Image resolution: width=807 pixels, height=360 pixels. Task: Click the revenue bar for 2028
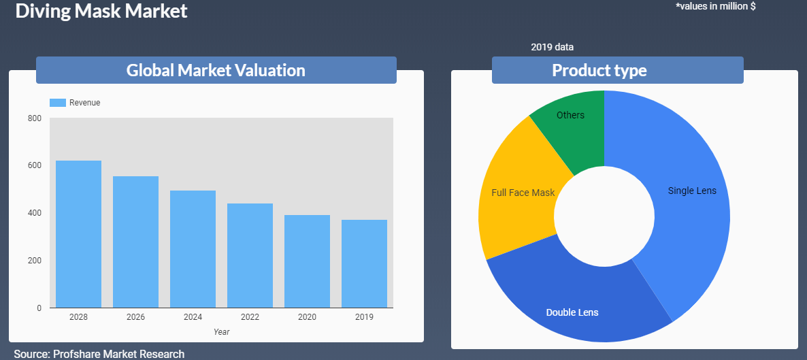[78, 234]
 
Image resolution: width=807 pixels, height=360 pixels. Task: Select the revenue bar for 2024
[193, 249]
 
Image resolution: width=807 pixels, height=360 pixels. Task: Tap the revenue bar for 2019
[365, 263]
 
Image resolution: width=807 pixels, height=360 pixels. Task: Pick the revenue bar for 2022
[250, 255]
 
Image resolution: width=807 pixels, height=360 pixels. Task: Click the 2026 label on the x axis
[136, 317]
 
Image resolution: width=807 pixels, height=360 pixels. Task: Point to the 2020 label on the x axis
[308, 317]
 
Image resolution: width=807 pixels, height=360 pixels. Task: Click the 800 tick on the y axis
[35, 118]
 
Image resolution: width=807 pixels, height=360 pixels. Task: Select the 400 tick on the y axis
[35, 213]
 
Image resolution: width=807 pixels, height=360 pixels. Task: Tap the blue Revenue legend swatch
[58, 103]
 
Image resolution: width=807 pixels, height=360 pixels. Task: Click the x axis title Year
[222, 332]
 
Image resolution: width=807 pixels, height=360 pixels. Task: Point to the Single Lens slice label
[692, 191]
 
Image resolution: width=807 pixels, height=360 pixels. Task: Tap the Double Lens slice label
[572, 312]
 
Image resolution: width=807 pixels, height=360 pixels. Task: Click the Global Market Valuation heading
[216, 70]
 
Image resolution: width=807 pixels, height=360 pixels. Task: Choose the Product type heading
[599, 70]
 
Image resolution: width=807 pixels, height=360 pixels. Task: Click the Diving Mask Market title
[101, 11]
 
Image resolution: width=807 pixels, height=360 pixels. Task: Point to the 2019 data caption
[553, 48]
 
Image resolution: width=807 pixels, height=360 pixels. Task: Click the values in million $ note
[715, 7]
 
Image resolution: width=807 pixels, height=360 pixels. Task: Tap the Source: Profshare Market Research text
[99, 354]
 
